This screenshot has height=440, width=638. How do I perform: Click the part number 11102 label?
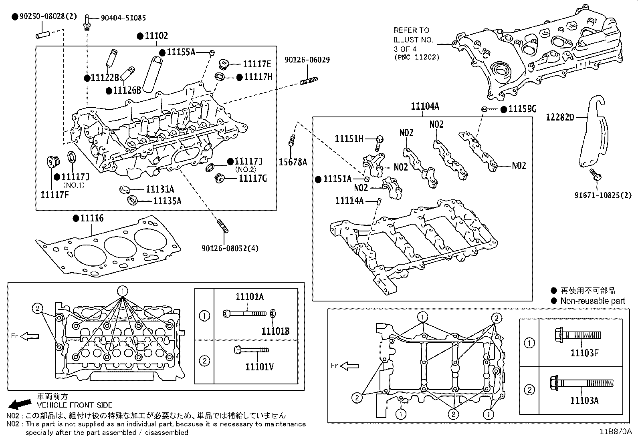pyautogui.click(x=156, y=36)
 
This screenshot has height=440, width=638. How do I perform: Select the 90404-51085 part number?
pyautogui.click(x=123, y=18)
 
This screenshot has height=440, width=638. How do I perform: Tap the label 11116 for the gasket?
pyautogui.click(x=92, y=218)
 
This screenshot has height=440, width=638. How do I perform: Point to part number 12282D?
pyautogui.click(x=560, y=117)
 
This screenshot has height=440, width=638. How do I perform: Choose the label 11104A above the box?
pyautogui.click(x=425, y=106)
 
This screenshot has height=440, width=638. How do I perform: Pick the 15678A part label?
pyautogui.click(x=293, y=162)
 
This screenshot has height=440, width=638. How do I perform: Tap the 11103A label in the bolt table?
pyautogui.click(x=584, y=400)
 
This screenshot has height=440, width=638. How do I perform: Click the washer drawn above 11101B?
pyautogui.click(x=273, y=313)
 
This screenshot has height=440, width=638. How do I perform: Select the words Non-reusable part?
pyautogui.click(x=592, y=301)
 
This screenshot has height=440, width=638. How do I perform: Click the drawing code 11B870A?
pyautogui.click(x=615, y=432)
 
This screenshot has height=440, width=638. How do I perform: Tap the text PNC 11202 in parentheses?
pyautogui.click(x=416, y=57)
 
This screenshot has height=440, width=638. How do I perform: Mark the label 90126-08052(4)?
pyautogui.click(x=230, y=248)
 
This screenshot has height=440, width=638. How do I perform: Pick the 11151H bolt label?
pyautogui.click(x=349, y=139)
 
